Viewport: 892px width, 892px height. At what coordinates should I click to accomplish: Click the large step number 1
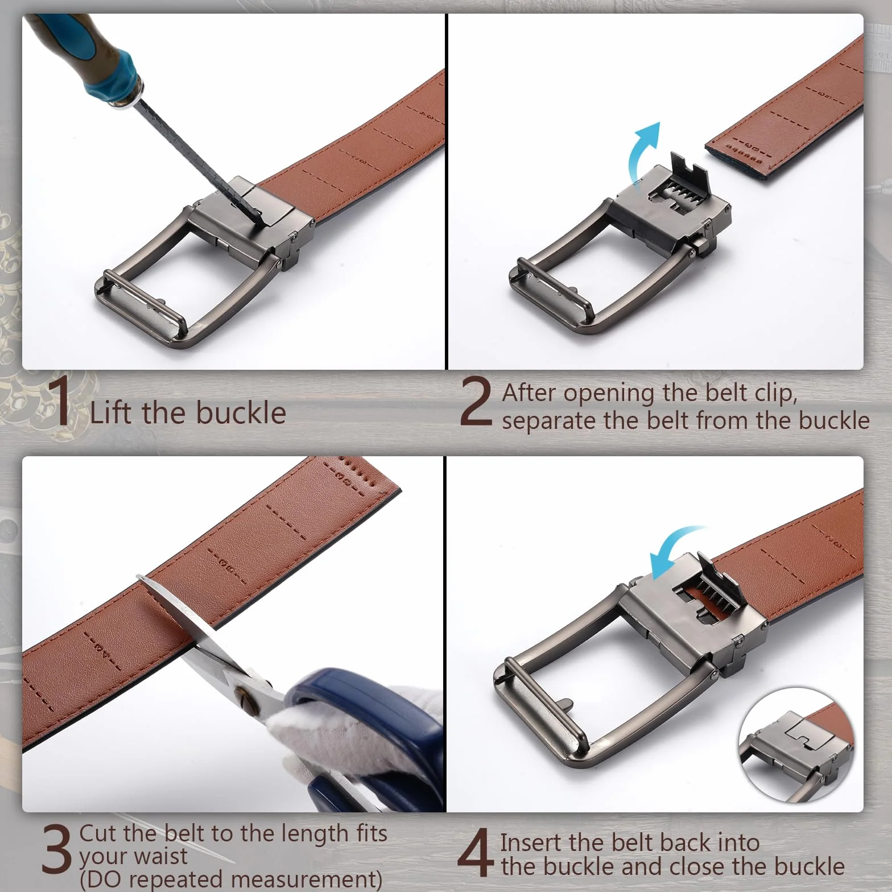(x=58, y=400)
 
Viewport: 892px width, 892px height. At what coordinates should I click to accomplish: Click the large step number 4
(x=476, y=852)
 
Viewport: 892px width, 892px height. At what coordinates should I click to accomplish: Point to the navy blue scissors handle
(x=364, y=740)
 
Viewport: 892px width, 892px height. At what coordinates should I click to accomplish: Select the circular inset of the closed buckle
(x=796, y=745)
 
